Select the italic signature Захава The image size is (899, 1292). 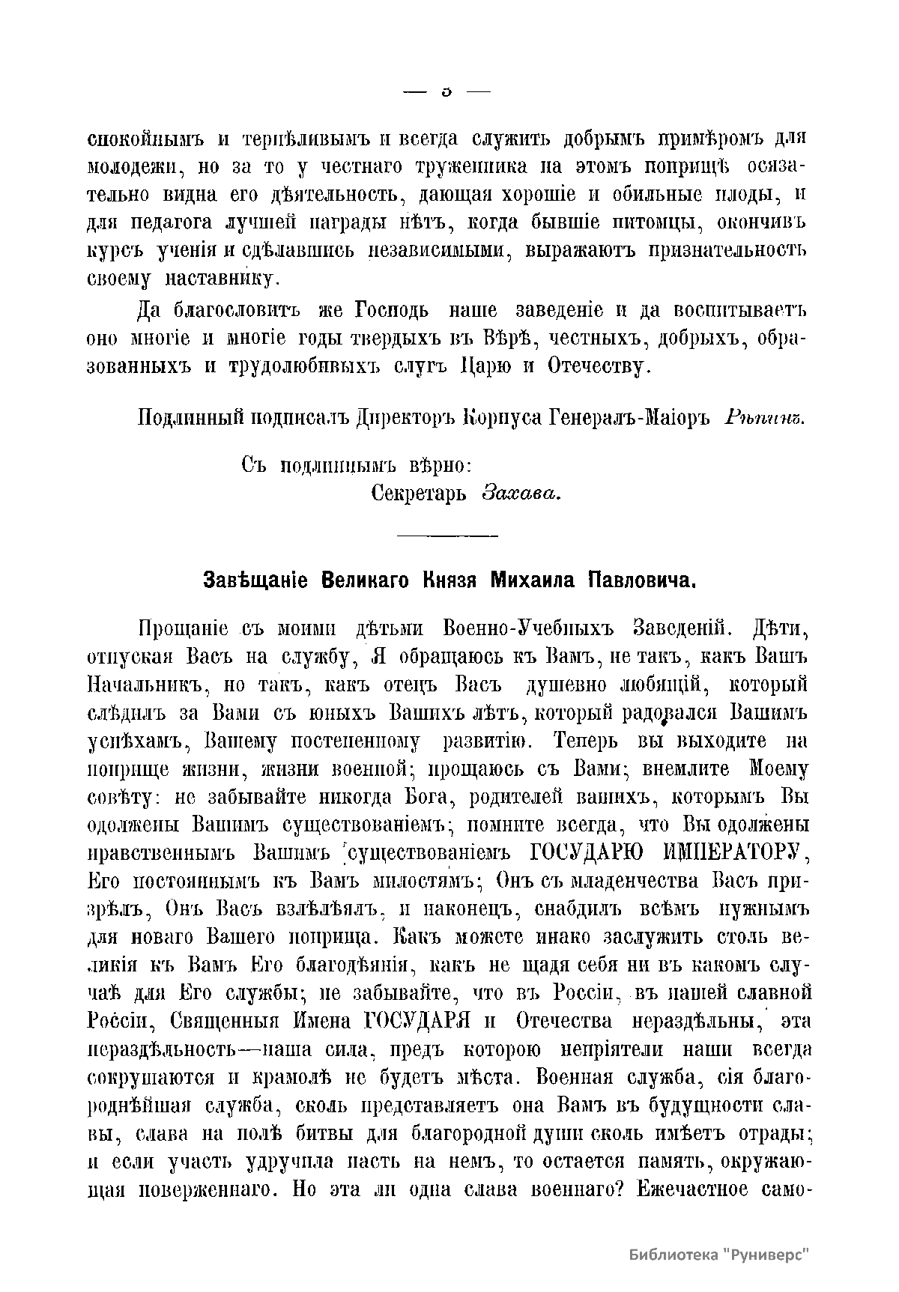click(521, 494)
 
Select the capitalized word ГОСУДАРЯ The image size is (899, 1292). click(416, 1021)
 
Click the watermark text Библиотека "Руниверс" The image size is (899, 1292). click(720, 1255)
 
